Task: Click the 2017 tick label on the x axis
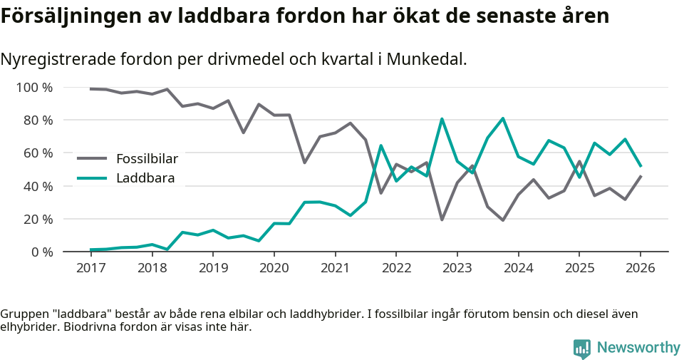(x=90, y=269)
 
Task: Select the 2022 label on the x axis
(x=395, y=269)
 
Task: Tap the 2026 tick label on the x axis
(x=640, y=269)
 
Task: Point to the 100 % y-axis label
(x=34, y=88)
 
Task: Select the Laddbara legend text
(x=145, y=178)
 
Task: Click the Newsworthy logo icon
(x=581, y=348)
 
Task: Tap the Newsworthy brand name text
(x=638, y=348)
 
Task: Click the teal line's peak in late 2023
(x=503, y=118)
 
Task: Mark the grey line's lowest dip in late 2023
(x=503, y=220)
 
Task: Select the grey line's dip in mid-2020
(x=304, y=163)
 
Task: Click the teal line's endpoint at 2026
(x=641, y=166)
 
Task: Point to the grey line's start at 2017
(x=90, y=89)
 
